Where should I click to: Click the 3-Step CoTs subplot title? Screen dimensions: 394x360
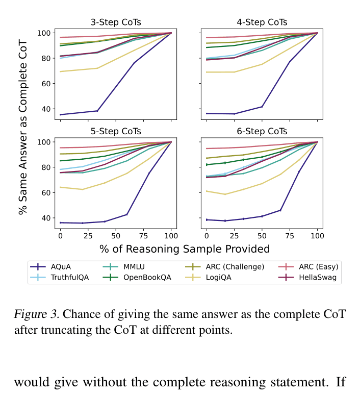coord(116,22)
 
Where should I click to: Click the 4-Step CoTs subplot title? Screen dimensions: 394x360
coord(262,22)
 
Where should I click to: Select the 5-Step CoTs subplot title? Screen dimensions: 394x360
coord(116,131)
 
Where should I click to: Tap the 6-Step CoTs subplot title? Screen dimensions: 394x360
coord(262,131)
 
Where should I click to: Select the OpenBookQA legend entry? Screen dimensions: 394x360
coord(147,277)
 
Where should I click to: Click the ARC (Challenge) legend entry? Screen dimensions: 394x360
coord(235,266)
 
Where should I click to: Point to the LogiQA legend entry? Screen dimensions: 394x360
coord(220,277)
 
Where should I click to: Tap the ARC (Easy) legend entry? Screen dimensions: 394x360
coord(318,266)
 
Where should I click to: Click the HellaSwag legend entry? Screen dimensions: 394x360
coord(316,277)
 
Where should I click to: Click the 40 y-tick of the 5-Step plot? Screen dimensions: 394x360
coord(45,218)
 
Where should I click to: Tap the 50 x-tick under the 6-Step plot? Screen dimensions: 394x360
coord(262,236)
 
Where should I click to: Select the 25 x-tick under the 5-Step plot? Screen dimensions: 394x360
coord(88,236)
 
